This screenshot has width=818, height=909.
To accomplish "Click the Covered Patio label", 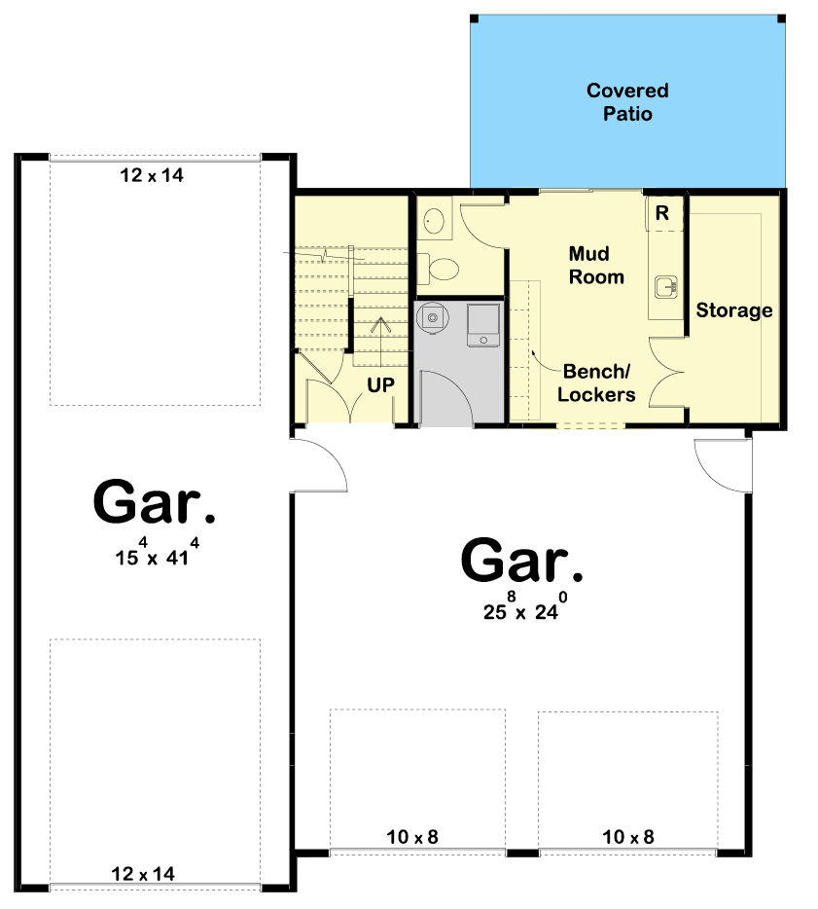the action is click(x=627, y=102).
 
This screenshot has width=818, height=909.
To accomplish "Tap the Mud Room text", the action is click(x=596, y=266).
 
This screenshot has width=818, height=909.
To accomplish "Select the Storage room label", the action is click(x=734, y=310).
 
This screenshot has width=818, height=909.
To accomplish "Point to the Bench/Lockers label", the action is click(x=596, y=383).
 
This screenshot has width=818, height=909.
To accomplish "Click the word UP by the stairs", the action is click(x=380, y=385).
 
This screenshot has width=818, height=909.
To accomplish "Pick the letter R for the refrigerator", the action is click(x=662, y=213).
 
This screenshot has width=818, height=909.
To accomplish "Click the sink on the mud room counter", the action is click(x=666, y=287).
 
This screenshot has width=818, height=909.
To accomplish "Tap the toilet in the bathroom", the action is click(x=439, y=269).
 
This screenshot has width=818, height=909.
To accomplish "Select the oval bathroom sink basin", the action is click(x=434, y=220).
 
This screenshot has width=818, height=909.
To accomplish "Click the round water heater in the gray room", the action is click(x=432, y=317).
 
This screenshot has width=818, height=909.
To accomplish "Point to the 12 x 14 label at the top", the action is click(x=152, y=175).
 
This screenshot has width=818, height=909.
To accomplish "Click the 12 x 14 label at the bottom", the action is click(x=143, y=874).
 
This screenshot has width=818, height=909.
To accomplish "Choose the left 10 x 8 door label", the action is click(x=412, y=837).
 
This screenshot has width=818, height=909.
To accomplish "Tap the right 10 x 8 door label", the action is click(x=628, y=837).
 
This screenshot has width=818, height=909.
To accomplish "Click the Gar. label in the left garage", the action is click(x=154, y=502).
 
